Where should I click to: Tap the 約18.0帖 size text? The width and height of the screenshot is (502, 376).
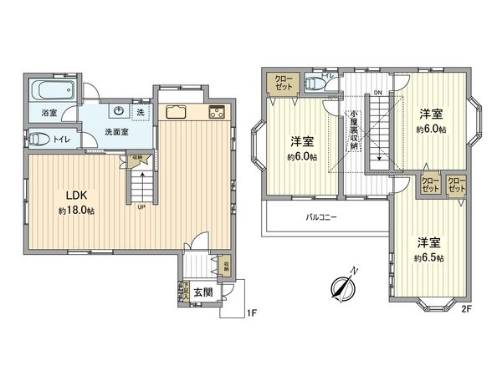point(77,211)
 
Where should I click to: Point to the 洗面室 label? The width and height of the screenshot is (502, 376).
point(115,131)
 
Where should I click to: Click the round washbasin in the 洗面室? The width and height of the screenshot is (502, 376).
point(119,111)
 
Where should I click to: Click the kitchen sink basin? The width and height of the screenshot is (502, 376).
point(177,113)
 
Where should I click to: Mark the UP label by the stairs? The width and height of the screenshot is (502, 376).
point(142,208)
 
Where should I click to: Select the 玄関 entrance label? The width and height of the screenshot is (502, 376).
point(203,292)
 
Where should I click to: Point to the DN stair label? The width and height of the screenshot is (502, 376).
point(377,94)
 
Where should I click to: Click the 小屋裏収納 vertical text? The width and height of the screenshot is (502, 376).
point(355,130)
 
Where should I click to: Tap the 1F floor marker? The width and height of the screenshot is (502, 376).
point(250,314)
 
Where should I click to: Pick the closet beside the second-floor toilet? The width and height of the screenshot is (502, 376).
point(280,83)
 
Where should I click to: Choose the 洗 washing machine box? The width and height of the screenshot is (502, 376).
point(141,111)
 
